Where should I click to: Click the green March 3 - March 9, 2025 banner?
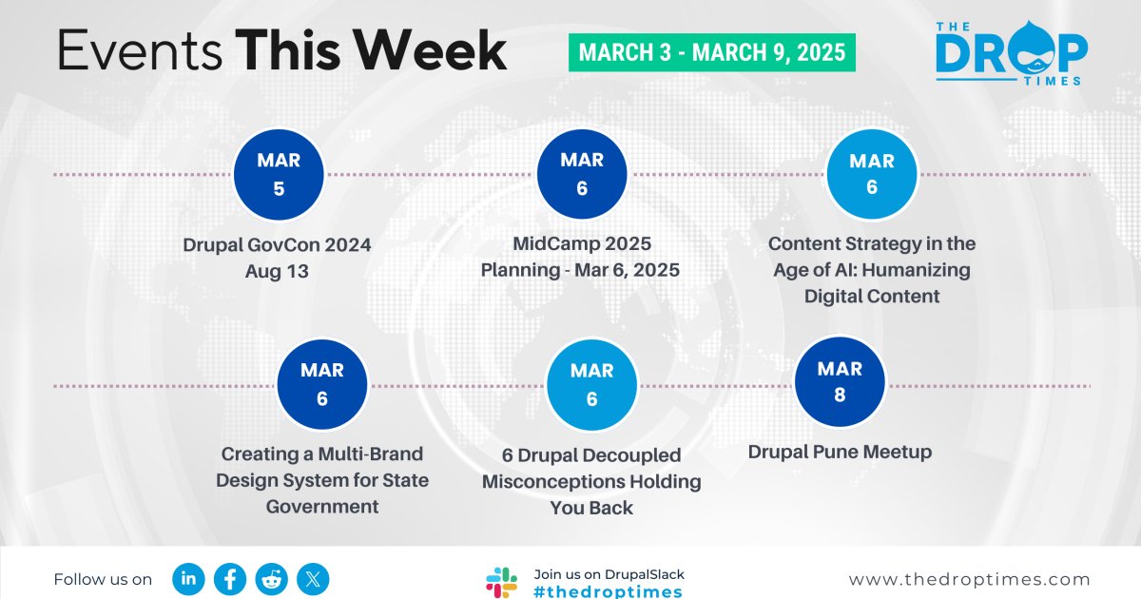pos(711,52)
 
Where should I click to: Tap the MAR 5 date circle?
pos(279,174)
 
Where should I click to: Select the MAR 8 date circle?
pos(840,381)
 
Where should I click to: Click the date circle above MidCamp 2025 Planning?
pos(582,174)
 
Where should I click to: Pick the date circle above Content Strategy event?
pos(872,174)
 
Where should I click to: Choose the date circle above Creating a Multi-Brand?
pos(322,384)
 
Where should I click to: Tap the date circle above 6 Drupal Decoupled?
pos(591,384)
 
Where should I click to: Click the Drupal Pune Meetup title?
pos(840,452)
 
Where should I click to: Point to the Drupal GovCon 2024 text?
pos(277,245)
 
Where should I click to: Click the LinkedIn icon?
pos(188,579)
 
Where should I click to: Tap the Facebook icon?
pos(230,579)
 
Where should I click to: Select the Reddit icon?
pos(272,579)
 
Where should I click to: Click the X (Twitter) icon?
pos(313,579)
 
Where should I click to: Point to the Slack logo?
pos(501,583)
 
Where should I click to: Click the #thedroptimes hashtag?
pos(608,591)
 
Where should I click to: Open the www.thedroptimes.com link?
pos(969,580)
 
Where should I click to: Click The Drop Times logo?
pos(1011,53)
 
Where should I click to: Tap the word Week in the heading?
pos(430,50)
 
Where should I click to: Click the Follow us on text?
pos(103,580)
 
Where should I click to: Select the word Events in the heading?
pos(140,50)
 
